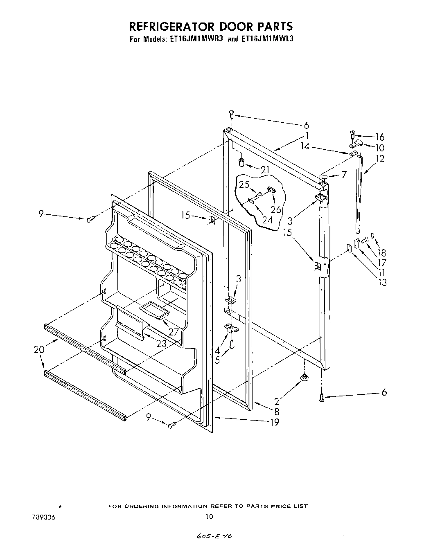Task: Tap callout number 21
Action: point(265,169)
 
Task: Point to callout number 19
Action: point(275,422)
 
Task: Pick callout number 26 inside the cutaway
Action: point(276,209)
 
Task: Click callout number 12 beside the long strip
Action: point(380,159)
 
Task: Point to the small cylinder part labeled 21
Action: point(241,163)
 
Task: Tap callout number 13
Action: point(382,282)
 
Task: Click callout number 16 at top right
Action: point(379,137)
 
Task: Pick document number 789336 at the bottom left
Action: point(43,517)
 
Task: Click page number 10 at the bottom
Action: point(209,517)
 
